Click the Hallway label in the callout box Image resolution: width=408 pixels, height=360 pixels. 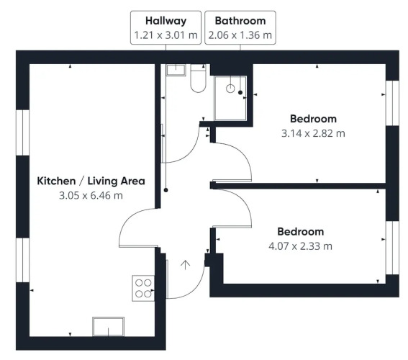[166, 21]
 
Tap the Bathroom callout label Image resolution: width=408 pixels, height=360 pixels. [240, 21]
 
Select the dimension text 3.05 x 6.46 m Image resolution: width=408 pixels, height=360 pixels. [91, 195]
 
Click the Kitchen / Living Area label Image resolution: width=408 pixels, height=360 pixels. [91, 181]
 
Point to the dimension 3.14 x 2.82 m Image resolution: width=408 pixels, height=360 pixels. [313, 133]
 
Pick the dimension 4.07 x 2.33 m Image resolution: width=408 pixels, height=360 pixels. [301, 246]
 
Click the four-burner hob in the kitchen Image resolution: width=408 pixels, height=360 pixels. [143, 288]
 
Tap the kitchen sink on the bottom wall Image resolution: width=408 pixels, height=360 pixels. [108, 327]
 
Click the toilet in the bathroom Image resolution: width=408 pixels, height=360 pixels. [199, 78]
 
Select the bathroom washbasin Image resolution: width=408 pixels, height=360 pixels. [176, 70]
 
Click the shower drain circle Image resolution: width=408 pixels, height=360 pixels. [230, 89]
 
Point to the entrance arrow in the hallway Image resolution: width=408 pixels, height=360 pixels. [185, 265]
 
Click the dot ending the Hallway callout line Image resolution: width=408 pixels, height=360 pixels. [166, 190]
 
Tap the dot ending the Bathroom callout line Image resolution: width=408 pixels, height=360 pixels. [240, 92]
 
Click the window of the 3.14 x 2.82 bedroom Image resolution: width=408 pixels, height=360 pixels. [392, 103]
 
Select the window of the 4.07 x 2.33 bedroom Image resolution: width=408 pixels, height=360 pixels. [392, 248]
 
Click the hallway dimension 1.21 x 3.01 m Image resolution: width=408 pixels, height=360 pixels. [166, 35]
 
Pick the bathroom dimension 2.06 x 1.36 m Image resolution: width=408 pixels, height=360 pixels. [240, 35]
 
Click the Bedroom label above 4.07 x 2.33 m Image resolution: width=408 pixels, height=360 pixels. [301, 232]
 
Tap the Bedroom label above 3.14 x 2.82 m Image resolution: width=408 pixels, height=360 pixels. [313, 119]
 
